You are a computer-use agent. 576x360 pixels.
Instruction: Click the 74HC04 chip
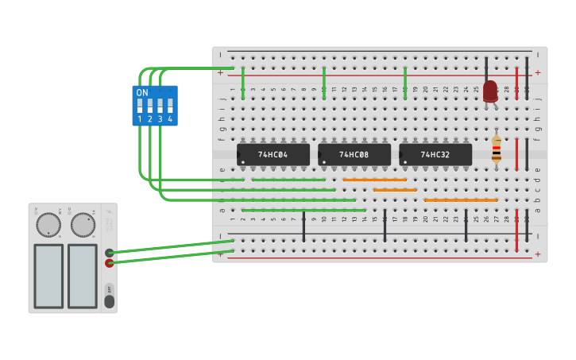point(273,154)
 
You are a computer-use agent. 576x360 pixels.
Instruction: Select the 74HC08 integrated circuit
point(354,154)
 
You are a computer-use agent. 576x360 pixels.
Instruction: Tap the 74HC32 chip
point(435,154)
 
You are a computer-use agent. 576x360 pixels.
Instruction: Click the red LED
point(490,91)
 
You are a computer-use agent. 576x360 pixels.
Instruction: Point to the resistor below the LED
point(497,149)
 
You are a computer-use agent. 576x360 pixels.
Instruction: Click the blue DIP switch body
point(155,106)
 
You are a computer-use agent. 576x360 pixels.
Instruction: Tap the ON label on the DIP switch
point(142,93)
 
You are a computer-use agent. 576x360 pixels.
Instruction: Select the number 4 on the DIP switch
point(170,119)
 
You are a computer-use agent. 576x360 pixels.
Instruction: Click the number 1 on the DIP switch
point(140,119)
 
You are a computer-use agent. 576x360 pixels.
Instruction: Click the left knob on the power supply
point(48,225)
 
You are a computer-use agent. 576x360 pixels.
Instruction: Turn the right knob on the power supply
point(83,225)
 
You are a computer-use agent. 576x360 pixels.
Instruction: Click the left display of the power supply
point(48,276)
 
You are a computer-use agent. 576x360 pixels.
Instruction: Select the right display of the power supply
point(83,276)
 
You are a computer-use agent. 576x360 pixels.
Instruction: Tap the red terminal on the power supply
point(109,262)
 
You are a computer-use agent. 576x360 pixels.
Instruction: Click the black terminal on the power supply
point(109,253)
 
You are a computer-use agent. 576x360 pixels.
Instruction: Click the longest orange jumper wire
point(461,199)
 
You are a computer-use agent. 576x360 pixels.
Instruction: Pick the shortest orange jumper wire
point(395,190)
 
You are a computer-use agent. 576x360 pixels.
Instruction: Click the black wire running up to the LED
point(486,67)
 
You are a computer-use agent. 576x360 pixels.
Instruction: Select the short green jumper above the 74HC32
point(405,83)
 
